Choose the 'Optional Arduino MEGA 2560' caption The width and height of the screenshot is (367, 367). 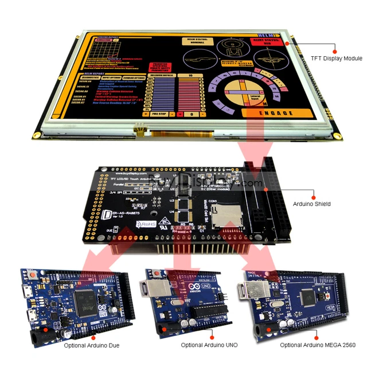click(x=317, y=345)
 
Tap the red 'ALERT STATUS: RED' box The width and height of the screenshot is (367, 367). click(x=263, y=44)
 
